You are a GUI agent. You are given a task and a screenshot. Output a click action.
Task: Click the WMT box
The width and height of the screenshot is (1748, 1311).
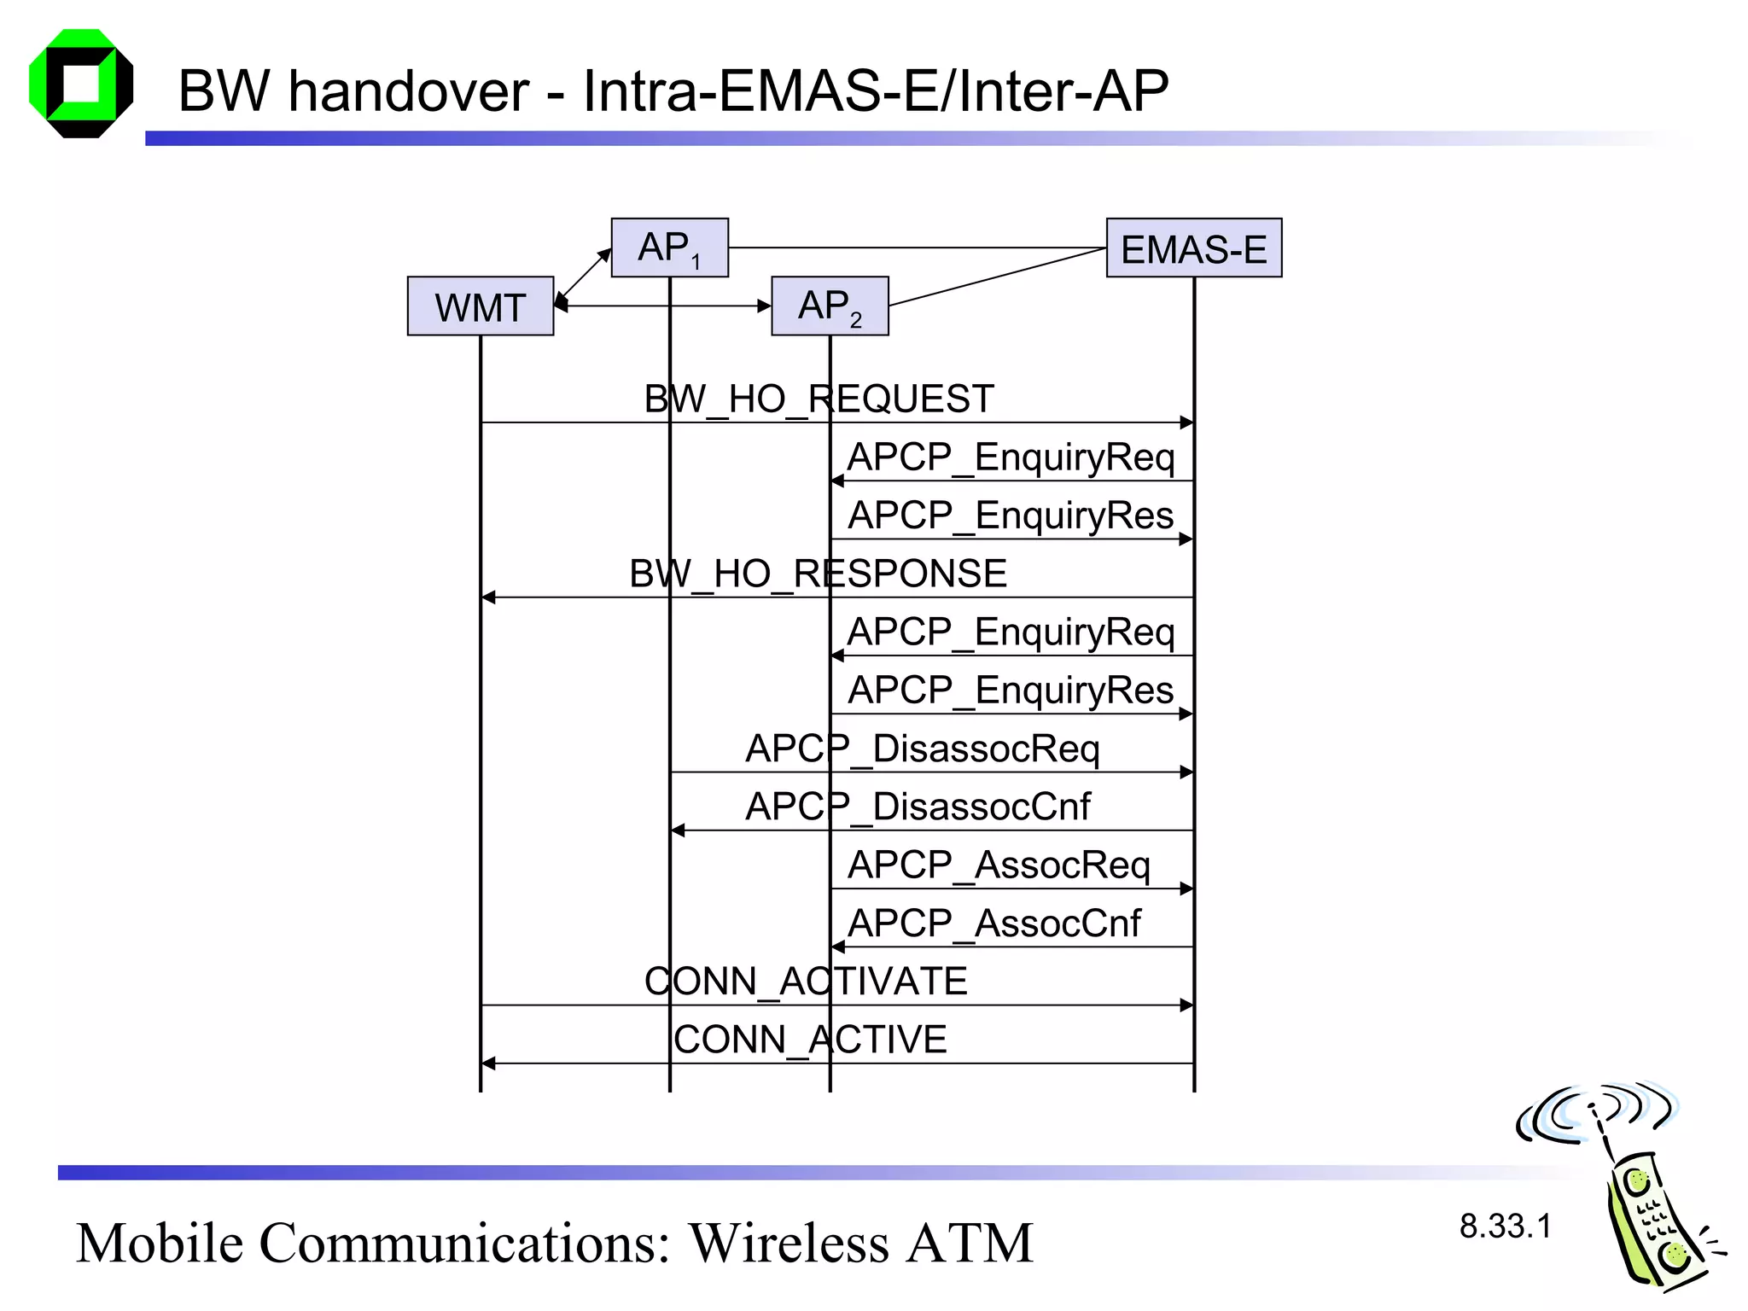click(481, 306)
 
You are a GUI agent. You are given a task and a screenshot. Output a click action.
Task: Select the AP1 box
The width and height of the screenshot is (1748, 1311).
click(669, 248)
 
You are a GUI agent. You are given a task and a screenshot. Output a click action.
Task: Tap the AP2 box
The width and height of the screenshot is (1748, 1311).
click(830, 306)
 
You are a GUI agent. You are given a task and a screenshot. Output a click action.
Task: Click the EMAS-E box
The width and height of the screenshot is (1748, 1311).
click(1193, 248)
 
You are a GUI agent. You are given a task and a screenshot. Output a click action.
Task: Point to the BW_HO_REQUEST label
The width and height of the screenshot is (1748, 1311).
click(819, 399)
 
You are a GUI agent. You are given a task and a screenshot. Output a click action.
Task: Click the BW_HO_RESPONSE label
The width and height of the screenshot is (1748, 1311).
click(818, 574)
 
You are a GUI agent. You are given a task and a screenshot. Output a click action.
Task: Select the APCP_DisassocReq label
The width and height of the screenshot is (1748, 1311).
click(922, 749)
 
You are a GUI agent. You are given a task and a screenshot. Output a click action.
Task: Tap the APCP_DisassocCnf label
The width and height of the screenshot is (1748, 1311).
click(918, 807)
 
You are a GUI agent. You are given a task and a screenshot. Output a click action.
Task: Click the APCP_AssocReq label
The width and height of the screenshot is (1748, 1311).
click(999, 865)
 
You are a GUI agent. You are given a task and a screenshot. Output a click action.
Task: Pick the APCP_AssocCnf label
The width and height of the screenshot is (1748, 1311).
click(993, 924)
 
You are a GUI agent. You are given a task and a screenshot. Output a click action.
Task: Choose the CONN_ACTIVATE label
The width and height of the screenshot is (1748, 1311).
click(806, 982)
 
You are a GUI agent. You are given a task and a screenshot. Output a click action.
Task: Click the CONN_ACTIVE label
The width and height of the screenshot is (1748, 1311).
click(810, 1040)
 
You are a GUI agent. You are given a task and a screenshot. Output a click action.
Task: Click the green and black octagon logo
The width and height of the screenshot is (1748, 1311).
click(81, 84)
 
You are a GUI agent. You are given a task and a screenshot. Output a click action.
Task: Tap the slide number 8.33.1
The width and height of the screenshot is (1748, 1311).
click(1505, 1227)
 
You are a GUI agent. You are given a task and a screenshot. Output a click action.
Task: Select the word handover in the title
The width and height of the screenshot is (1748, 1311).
click(409, 91)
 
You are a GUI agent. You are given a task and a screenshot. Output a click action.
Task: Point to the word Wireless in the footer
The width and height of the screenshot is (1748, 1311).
click(790, 1244)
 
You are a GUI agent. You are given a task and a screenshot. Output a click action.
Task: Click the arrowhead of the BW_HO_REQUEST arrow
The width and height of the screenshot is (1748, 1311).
click(1186, 422)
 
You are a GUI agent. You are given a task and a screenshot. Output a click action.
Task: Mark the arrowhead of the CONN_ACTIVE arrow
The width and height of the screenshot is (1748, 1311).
click(488, 1063)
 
